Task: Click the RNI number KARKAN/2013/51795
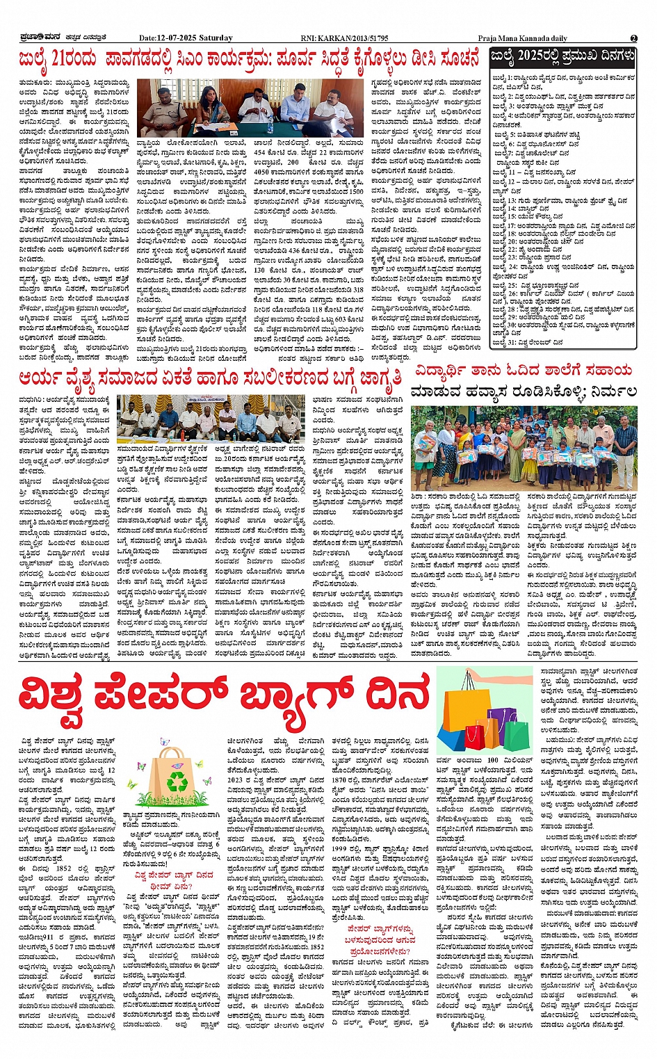357,38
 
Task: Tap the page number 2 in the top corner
634,38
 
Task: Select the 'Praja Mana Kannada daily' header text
522,38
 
